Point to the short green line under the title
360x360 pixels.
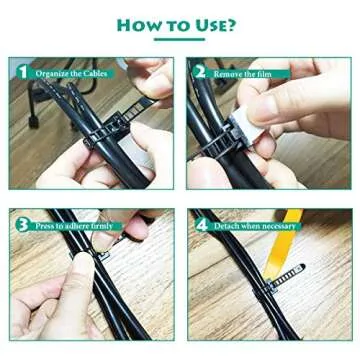pyautogui.click(x=180, y=40)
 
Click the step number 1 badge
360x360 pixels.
pyautogui.click(x=21, y=72)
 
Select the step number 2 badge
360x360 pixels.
pyautogui.click(x=200, y=72)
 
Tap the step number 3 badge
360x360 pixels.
pyautogui.click(x=21, y=225)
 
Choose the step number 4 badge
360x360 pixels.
pyautogui.click(x=200, y=225)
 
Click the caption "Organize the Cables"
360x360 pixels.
pyautogui.click(x=71, y=73)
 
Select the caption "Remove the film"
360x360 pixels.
pyautogui.click(x=243, y=73)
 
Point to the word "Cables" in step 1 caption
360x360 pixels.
pyautogui.click(x=94, y=73)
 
